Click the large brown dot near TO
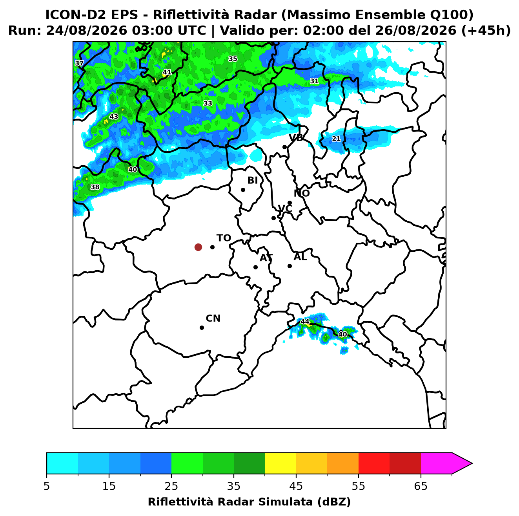tap(198, 247)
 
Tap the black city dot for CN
tap(202, 328)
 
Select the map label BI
tap(253, 180)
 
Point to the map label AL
tap(300, 256)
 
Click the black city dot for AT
tap(255, 267)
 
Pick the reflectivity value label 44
tap(304, 321)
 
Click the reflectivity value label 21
tap(336, 138)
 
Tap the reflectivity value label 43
tap(114, 116)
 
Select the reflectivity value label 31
tap(314, 81)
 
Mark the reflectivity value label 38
tap(95, 187)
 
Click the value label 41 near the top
tap(167, 72)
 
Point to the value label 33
tap(208, 103)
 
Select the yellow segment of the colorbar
tap(280, 463)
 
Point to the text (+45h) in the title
tap(486, 31)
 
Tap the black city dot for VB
tap(284, 147)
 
